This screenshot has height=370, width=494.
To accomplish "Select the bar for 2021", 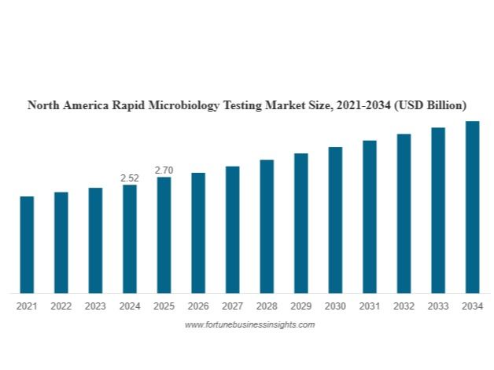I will coord(27,244).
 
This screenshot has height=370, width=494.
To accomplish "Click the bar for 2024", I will coord(130,239).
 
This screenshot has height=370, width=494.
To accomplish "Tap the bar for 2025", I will coord(164,235).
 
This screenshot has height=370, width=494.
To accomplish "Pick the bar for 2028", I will coord(267,226).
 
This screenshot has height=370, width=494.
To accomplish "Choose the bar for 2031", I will coord(370,217).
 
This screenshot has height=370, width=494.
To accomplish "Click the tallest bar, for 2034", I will coord(472,207).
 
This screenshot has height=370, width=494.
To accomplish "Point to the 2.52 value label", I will coord(130,178).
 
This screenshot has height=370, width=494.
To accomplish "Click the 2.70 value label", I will coord(164,170).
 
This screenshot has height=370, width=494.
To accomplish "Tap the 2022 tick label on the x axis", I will coord(61,306).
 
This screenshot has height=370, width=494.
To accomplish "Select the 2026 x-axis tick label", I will coord(198,306).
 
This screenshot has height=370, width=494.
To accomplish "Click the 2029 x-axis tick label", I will coord(301,306).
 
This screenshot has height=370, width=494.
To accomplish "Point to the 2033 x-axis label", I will coord(438,306).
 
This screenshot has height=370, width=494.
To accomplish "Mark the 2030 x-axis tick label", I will coord(335,306).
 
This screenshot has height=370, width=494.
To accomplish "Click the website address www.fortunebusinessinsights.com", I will coord(249,324).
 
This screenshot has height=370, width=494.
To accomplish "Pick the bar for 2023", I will coord(95,240).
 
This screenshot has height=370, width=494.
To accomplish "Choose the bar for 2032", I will coord(404,214).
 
